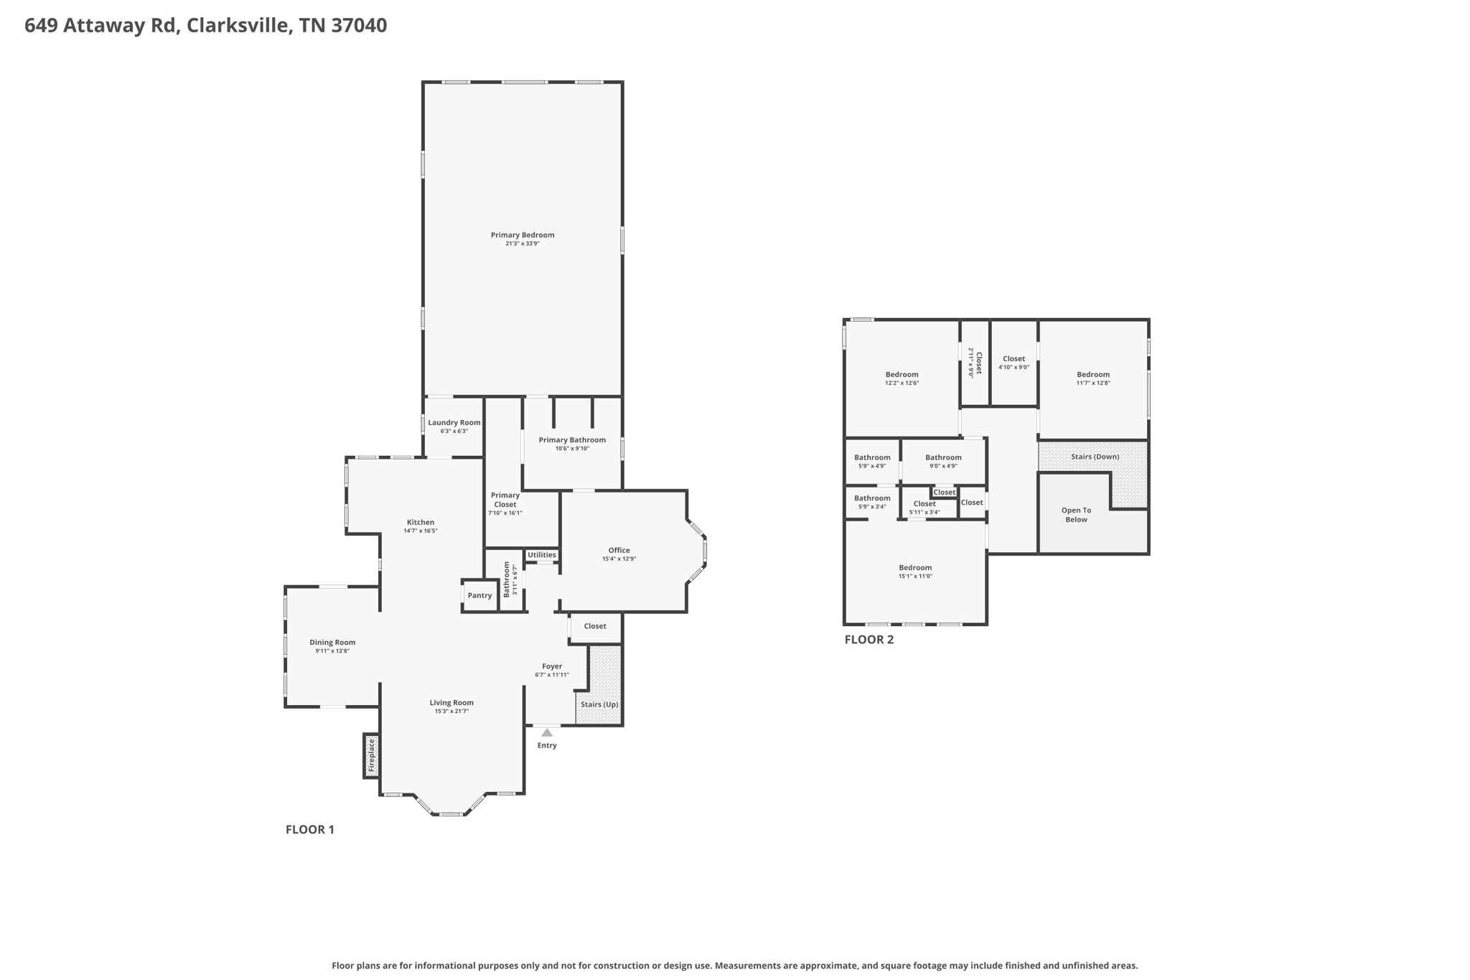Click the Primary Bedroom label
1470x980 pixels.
(522, 235)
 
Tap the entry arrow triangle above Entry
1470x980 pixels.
(547, 732)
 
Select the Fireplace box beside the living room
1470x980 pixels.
(371, 755)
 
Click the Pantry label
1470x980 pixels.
(479, 595)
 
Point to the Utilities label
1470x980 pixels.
(541, 555)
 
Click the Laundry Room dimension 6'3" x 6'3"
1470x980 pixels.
(454, 431)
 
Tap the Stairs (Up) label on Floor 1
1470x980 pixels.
(599, 704)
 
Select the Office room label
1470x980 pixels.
(619, 550)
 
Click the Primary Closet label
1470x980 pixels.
(505, 500)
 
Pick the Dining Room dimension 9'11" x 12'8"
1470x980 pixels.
(332, 651)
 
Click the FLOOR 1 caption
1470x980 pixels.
(310, 829)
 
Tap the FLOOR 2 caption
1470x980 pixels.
(869, 640)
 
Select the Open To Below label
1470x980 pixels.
(1076, 515)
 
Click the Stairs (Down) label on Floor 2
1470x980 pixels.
(1095, 457)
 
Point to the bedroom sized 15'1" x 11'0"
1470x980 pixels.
(915, 571)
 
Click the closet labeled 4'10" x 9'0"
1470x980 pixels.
(1013, 363)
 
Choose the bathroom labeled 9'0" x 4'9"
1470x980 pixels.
(943, 462)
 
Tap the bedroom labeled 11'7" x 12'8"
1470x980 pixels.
(1093, 378)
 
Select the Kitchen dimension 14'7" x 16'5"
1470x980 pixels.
(420, 531)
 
